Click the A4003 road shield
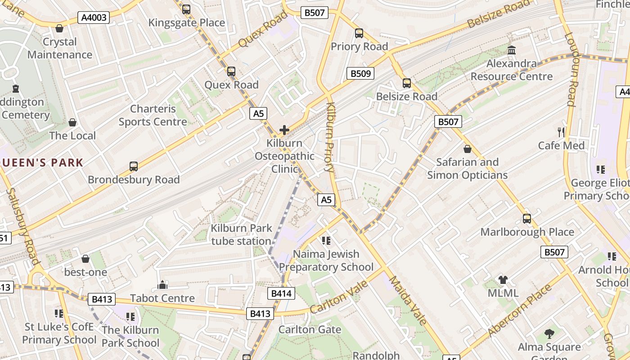point(94,18)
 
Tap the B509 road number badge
point(360,73)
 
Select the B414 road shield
point(282,294)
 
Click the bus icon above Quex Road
point(231,72)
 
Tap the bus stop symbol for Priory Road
point(359,33)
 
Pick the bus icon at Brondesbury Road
point(134,166)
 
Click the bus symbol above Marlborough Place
point(527,219)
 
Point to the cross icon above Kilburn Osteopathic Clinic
point(284,130)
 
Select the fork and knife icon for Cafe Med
point(561,132)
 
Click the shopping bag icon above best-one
point(85,259)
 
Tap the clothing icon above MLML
point(503,280)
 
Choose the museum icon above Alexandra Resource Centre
point(512,50)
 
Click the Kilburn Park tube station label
point(241,234)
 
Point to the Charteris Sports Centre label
point(153,115)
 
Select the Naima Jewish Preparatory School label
point(326,261)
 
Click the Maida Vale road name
point(408,300)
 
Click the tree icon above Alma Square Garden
point(549,334)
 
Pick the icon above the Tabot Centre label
point(162,285)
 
